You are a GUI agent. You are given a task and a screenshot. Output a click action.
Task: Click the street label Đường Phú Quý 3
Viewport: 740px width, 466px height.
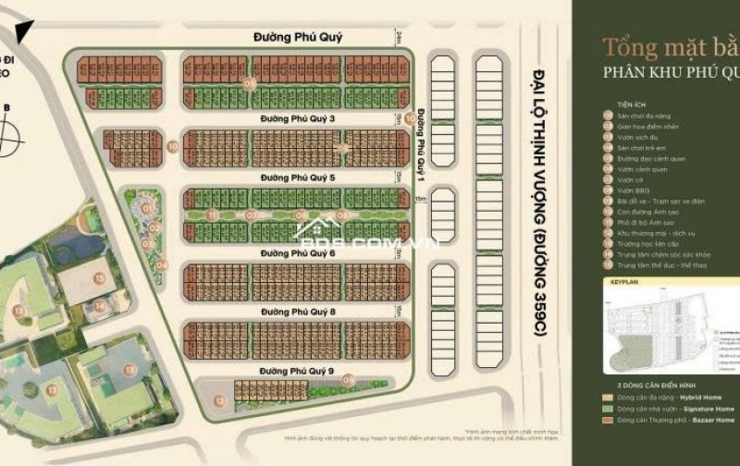(x=298, y=118)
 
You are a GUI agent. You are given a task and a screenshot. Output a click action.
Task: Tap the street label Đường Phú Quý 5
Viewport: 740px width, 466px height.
(x=298, y=178)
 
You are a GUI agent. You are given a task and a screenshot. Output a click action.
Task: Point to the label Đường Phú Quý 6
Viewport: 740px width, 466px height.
(x=298, y=252)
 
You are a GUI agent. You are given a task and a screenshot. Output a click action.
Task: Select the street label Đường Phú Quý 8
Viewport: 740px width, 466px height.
(x=298, y=313)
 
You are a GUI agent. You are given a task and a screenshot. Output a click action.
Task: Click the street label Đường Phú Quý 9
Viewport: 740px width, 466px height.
(x=298, y=371)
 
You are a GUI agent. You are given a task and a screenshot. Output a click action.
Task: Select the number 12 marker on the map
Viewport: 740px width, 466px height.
(x=219, y=400)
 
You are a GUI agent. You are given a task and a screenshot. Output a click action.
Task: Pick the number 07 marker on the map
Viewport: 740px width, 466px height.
(x=251, y=215)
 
